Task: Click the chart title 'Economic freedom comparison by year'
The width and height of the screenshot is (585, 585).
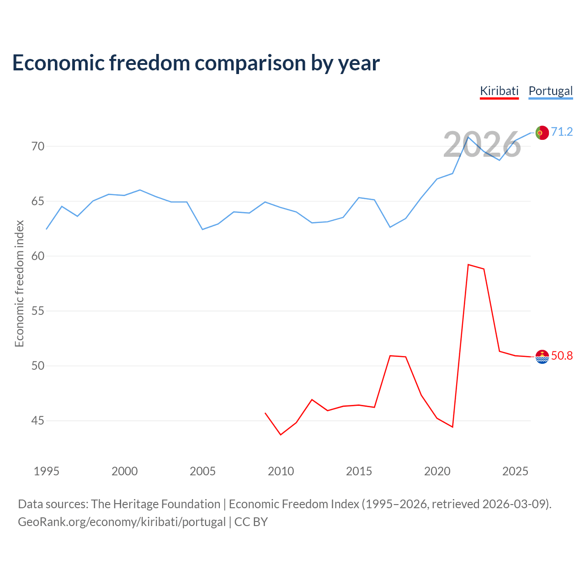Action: pyautogui.click(x=196, y=63)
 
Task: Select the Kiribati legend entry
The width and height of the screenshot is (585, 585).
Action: pyautogui.click(x=499, y=91)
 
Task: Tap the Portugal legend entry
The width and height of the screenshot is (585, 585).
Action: pyautogui.click(x=550, y=91)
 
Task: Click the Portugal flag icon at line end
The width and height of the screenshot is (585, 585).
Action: pyautogui.click(x=542, y=133)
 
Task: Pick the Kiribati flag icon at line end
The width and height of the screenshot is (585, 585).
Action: pyautogui.click(x=542, y=356)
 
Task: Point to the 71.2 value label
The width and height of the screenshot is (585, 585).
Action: pyautogui.click(x=562, y=132)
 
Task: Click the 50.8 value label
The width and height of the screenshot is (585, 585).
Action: pyautogui.click(x=562, y=356)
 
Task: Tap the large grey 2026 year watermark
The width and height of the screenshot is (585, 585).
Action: pyautogui.click(x=482, y=145)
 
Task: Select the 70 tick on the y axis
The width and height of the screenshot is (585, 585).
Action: pyautogui.click(x=38, y=147)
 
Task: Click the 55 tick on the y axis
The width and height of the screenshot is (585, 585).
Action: pyautogui.click(x=38, y=311)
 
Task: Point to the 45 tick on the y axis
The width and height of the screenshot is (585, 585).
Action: pyautogui.click(x=38, y=421)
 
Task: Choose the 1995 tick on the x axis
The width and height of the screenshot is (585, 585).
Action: pyautogui.click(x=47, y=471)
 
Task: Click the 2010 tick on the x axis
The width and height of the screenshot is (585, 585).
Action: pyautogui.click(x=281, y=471)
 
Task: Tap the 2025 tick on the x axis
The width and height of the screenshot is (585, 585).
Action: pyautogui.click(x=515, y=471)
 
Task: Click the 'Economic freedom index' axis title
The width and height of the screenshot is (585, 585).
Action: pyautogui.click(x=19, y=283)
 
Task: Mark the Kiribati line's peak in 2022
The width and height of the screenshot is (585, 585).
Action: pyautogui.click(x=468, y=265)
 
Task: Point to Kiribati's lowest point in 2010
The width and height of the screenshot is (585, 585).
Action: pyautogui.click(x=281, y=435)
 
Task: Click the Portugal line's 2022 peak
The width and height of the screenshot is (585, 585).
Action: pyautogui.click(x=468, y=137)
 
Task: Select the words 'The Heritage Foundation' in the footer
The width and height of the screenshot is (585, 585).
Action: pyautogui.click(x=155, y=504)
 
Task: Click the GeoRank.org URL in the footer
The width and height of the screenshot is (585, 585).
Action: pyautogui.click(x=122, y=522)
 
